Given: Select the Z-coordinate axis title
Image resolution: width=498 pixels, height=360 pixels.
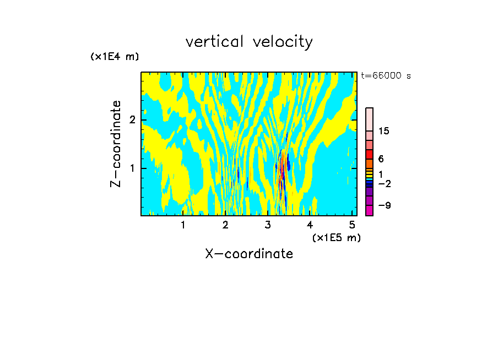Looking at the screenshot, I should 116,144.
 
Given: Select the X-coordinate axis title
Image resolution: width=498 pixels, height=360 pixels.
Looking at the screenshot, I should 249,254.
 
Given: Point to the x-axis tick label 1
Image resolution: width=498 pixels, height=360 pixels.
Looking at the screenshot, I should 183,225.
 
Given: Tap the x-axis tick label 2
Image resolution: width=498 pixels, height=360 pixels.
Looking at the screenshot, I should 225,225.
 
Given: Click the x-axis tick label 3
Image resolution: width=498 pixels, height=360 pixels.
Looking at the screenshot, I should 268,225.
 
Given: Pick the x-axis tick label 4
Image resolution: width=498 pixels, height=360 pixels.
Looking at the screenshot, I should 310,225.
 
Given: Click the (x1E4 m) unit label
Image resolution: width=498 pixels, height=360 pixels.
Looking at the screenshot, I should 115,57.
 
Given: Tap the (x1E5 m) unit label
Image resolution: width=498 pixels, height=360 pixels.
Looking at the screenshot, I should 336,237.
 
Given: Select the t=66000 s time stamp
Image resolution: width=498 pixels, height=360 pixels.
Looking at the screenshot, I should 386,76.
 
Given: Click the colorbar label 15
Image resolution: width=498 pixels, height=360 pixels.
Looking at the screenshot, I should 384,131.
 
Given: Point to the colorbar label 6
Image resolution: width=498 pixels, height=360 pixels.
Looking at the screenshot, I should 381,159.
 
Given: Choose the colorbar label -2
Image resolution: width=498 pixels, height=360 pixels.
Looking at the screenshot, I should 384,183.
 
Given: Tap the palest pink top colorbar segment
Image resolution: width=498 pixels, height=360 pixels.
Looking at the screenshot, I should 369,119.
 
